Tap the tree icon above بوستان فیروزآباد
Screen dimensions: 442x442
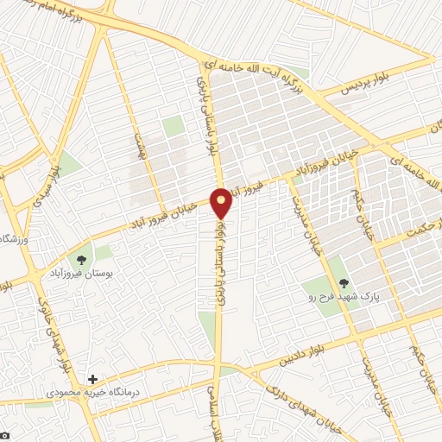[x=82, y=259]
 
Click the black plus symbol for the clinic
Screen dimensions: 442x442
[x=93, y=379]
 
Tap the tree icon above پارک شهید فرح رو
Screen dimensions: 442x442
[x=344, y=282]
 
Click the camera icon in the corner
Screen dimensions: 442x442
[x=4, y=435]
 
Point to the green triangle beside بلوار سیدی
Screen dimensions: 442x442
[x=69, y=163]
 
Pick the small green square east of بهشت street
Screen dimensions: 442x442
[x=174, y=126]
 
